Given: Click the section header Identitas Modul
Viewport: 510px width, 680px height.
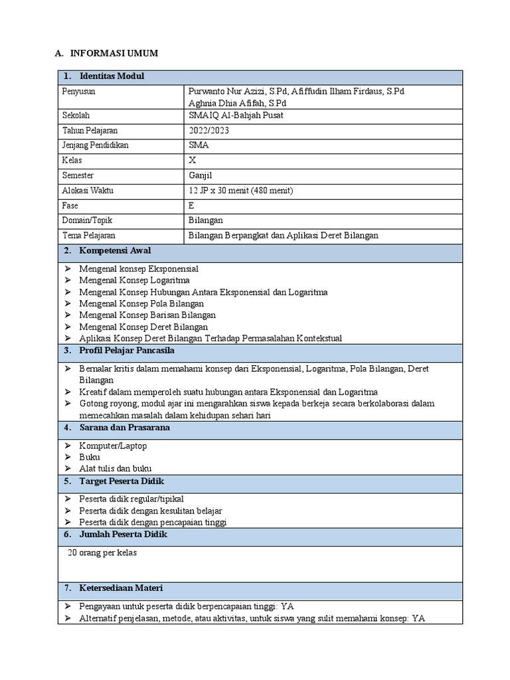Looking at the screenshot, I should [111, 76].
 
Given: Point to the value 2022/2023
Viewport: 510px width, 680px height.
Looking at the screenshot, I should [209, 130].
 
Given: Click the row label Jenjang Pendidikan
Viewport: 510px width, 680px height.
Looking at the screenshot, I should [96, 145].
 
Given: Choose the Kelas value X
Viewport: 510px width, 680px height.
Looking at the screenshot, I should [193, 161].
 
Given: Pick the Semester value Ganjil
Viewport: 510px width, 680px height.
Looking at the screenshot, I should [201, 176].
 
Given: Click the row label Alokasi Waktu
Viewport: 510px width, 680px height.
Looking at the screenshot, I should [88, 191].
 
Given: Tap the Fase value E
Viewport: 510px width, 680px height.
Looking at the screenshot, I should [192, 206].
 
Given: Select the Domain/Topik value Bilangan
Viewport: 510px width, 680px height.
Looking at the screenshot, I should [206, 220].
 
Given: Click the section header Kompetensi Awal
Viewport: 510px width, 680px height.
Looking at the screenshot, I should [115, 251].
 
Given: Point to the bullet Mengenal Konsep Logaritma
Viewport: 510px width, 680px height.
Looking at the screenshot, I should [134, 280].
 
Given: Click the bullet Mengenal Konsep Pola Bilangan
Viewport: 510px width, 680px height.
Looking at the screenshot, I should [141, 303].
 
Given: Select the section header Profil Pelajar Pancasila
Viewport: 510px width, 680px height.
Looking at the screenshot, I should [127, 350].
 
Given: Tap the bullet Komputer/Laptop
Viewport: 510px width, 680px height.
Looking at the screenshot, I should [113, 446].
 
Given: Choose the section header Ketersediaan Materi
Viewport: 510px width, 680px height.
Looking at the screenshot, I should [121, 588].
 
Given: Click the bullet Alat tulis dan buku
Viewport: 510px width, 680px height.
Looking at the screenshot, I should [116, 469].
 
